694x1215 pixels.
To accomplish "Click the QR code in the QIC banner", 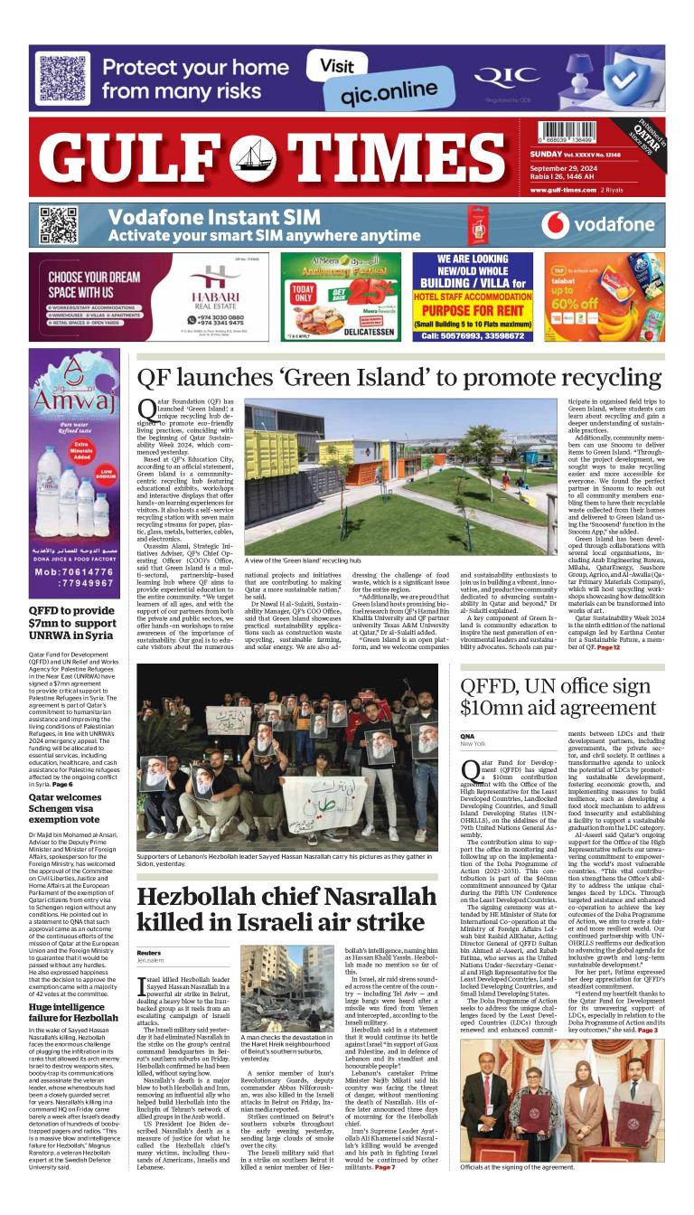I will pyautogui.click(x=60, y=78).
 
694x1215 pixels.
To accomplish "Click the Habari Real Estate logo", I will pyautogui.click(x=212, y=286).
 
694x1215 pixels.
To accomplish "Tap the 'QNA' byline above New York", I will pyautogui.click(x=467, y=737).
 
